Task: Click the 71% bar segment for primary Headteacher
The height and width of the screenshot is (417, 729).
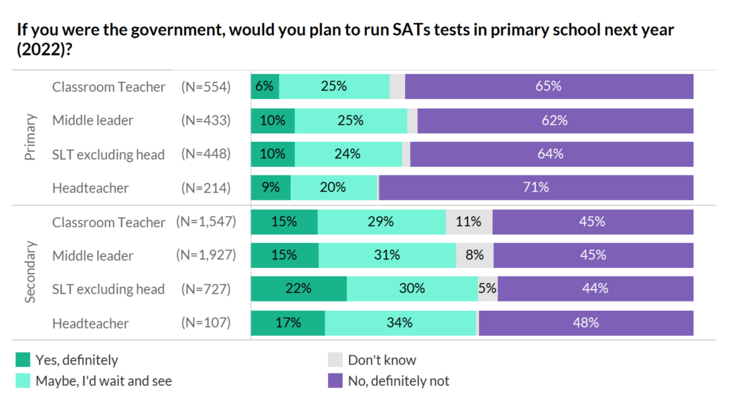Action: point(535,188)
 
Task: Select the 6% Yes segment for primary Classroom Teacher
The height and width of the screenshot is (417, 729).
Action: point(265,87)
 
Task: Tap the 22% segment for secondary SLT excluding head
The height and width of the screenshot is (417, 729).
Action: point(298,289)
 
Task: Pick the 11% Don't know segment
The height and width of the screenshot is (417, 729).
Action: point(468,222)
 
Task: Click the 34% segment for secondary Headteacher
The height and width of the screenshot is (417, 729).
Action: point(400,323)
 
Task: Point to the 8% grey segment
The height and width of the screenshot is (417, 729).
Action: point(474,255)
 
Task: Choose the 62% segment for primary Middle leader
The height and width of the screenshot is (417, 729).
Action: point(555,120)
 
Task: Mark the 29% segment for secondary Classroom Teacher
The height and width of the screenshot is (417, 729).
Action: point(381,222)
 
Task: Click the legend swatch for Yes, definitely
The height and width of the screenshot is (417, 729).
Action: point(23,360)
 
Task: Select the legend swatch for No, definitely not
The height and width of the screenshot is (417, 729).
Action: point(335,381)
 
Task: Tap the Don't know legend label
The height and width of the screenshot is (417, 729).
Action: point(382,360)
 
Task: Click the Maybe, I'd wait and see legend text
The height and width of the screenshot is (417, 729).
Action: point(103,381)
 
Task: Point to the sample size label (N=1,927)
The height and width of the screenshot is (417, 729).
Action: point(205,255)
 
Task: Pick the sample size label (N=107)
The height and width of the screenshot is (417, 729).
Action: point(205,323)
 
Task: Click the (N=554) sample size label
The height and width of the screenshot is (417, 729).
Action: point(205,87)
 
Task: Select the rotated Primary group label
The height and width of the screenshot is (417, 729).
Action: point(30,137)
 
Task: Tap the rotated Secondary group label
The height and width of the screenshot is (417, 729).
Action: point(30,272)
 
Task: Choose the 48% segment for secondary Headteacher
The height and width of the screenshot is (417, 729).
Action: point(586,323)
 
